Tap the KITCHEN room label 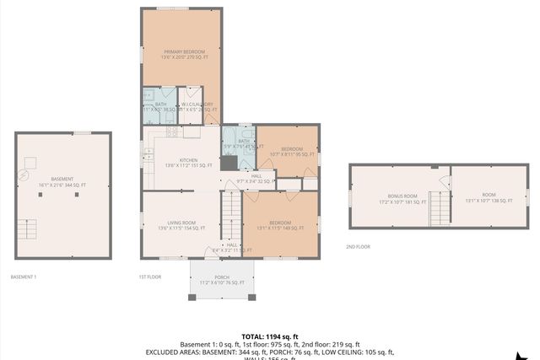pos(188,163)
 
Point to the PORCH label pos(222,279)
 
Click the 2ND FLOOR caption pos(357,246)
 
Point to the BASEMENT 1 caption pos(23,277)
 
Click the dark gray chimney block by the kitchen pos(229,162)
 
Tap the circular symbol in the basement pos(24,175)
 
